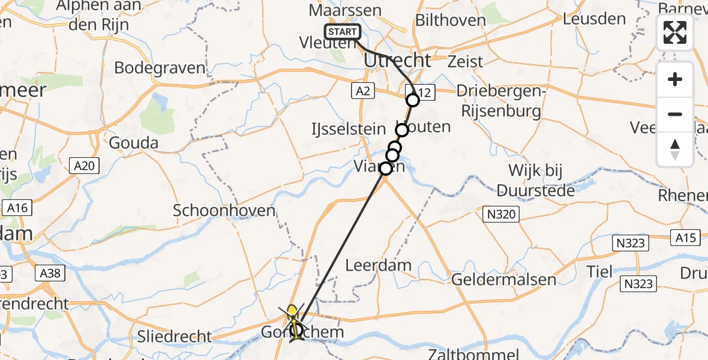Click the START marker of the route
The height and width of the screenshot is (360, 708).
[343, 32]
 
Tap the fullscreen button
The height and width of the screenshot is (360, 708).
[675, 32]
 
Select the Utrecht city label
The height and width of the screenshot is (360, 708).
[397, 60]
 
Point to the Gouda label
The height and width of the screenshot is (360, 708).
[134, 143]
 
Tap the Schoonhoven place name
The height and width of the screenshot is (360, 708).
[224, 211]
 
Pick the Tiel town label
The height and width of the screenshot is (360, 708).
[599, 272]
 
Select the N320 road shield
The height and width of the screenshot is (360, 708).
[502, 214]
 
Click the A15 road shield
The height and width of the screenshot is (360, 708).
[686, 238]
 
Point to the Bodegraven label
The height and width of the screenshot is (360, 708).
[160, 68]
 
